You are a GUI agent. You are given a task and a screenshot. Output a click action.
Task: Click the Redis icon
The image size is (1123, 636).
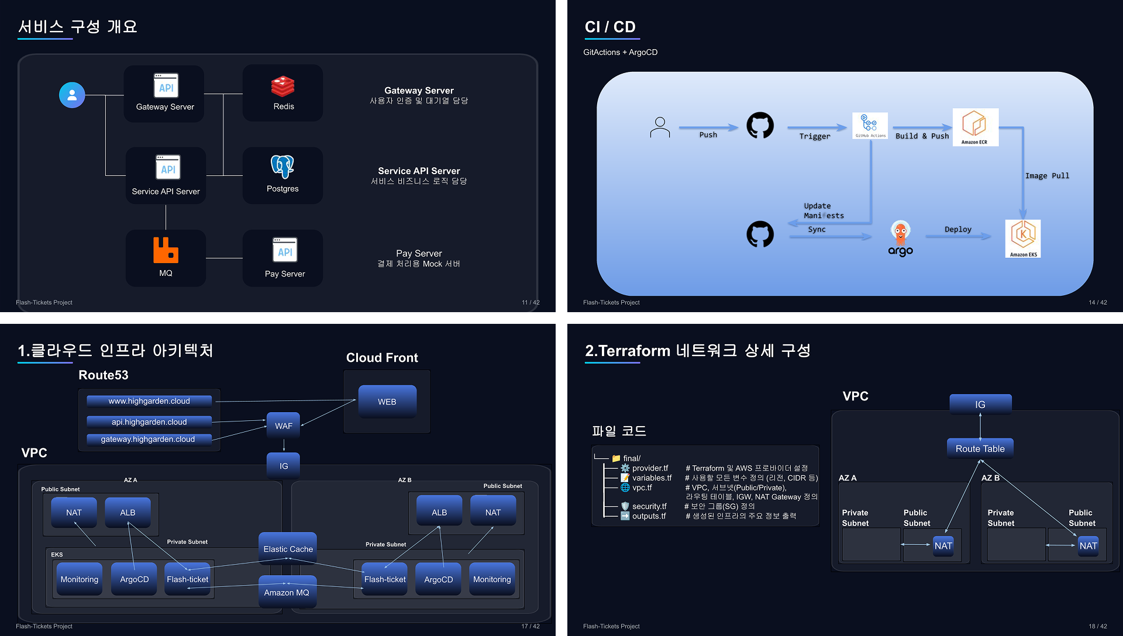283,87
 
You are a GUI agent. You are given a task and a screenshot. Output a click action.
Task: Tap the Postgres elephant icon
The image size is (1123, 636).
283,167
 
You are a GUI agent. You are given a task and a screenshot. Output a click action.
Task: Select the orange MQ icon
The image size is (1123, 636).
166,250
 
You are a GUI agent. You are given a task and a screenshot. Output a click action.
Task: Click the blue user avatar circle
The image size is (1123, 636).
72,95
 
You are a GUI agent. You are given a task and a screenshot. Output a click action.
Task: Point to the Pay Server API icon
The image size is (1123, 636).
285,250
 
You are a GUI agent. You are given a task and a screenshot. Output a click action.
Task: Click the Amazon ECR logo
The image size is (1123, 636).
974,126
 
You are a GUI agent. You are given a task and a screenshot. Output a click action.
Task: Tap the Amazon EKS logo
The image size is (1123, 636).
1023,238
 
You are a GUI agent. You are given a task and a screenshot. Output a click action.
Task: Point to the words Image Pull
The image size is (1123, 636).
1047,176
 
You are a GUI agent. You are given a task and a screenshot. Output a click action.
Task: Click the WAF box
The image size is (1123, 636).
284,426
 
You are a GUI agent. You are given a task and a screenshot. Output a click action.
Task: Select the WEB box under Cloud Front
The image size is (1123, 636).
387,402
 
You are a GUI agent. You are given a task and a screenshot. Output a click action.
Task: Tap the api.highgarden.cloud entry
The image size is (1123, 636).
149,422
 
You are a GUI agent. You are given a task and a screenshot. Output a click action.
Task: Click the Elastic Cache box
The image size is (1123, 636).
288,549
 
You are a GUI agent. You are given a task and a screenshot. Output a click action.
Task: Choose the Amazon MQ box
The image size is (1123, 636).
287,592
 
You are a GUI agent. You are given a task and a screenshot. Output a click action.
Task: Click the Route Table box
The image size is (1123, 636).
980,449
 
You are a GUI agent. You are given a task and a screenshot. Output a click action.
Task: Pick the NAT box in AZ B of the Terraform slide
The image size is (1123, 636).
1088,546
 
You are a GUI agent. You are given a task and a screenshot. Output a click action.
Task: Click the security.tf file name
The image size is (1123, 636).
649,506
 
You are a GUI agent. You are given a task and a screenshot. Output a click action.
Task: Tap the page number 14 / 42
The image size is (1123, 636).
1098,302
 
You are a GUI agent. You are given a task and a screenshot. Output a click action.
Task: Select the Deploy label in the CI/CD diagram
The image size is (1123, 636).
958,230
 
